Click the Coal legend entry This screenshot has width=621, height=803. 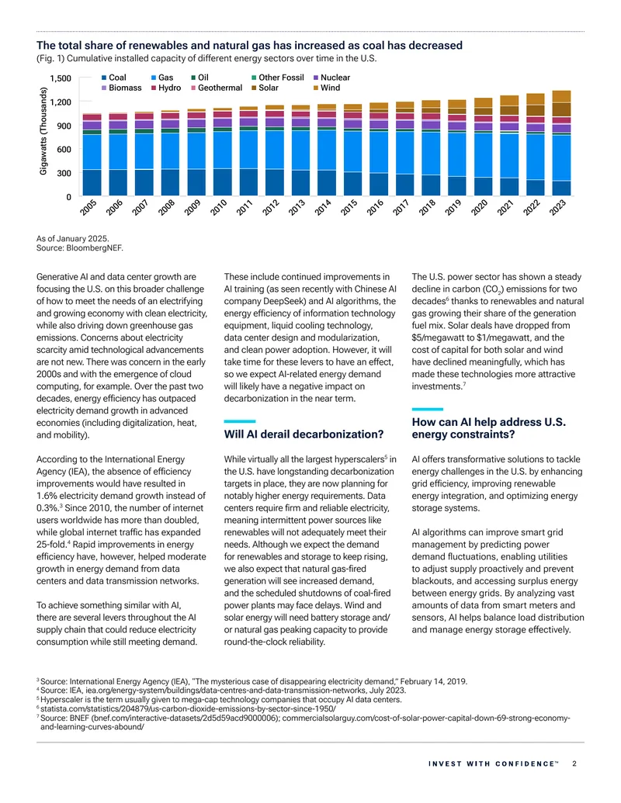click(x=114, y=78)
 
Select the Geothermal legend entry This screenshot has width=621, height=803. click(x=217, y=88)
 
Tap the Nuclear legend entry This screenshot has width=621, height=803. click(x=331, y=78)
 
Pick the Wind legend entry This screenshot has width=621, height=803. click(x=327, y=88)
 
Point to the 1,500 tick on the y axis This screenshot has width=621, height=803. click(x=61, y=78)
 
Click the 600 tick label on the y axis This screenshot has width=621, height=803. click(x=64, y=150)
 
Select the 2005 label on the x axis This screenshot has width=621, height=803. click(x=88, y=207)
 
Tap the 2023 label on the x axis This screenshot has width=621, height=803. click(x=557, y=207)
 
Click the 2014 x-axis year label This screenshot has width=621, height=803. click(x=323, y=207)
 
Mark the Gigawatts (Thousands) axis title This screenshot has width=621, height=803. click(x=43, y=132)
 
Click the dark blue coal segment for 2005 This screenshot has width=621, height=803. click(x=92, y=183)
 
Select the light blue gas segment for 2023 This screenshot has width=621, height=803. click(x=561, y=158)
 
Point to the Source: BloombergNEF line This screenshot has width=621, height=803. click(x=80, y=247)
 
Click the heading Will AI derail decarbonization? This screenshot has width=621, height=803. click(x=304, y=434)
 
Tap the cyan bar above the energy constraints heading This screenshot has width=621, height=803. click(x=427, y=409)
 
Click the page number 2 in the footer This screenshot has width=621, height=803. click(x=574, y=763)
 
